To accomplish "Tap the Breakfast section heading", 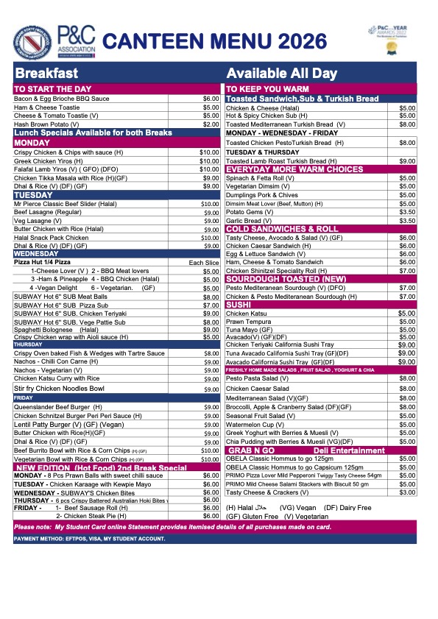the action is [46, 74].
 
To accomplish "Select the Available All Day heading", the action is [281, 74].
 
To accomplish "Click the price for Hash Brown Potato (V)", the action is [211, 124].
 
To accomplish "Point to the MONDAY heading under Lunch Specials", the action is [32, 142].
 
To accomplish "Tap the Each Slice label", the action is [204, 262].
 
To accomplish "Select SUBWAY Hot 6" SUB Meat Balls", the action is [61, 297].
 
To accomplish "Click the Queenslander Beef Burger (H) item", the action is [58, 407].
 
